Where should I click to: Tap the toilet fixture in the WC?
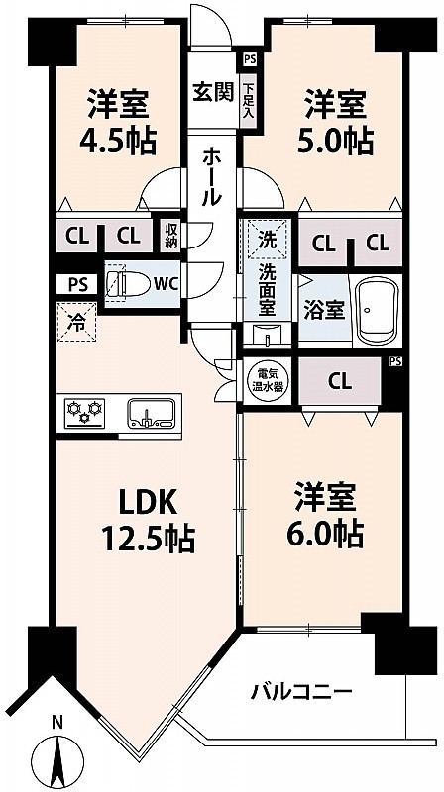coord(129,284)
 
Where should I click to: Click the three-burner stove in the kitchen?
coord(84,413)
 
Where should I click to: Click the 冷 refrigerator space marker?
coord(77,322)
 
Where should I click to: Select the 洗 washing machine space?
coord(267,239)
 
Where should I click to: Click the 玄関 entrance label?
coord(213,92)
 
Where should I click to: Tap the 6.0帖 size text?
coord(325,533)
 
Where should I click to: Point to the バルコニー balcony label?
coord(301,691)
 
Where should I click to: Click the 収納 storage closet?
coord(170,236)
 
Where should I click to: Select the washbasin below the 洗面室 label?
coord(267,335)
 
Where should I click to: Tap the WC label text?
coord(166,284)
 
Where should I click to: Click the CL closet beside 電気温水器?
coord(340,381)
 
